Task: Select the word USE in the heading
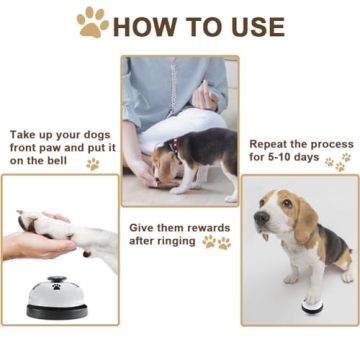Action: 252,26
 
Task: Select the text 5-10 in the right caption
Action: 286,158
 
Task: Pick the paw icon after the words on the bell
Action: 92,163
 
